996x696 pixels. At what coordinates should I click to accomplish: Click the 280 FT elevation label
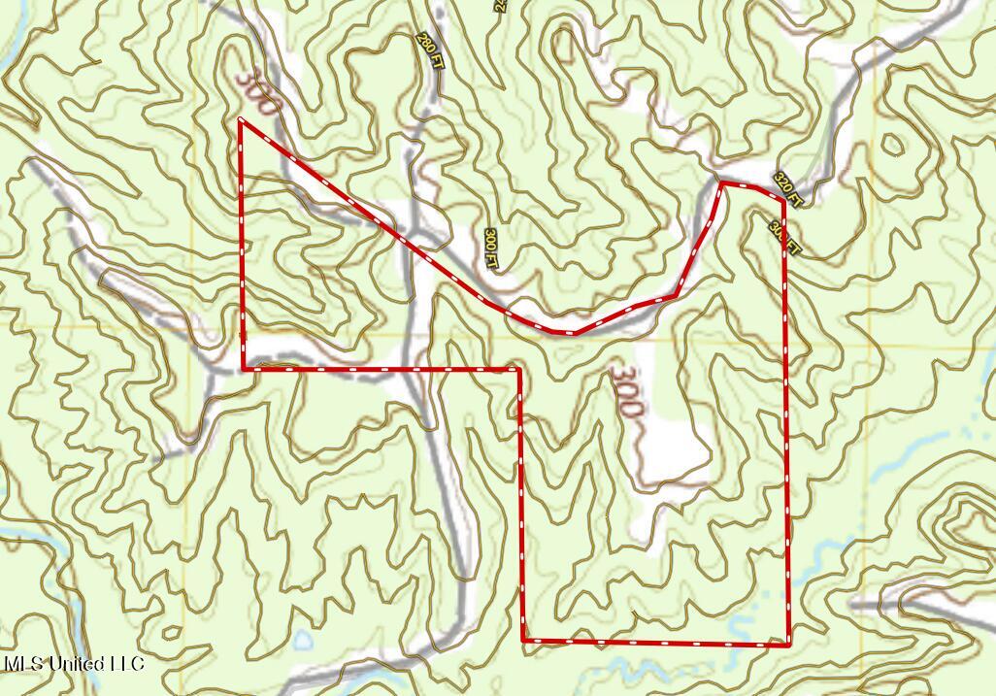(426, 48)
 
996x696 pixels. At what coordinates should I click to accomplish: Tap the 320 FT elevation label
(788, 189)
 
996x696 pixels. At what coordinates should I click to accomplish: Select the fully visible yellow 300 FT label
(491, 249)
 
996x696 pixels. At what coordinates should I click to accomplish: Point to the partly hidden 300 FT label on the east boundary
(785, 238)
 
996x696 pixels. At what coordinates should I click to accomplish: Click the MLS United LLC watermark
(74, 664)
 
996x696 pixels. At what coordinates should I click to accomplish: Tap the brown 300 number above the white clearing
(626, 391)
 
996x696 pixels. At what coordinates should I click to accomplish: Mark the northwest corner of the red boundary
(240, 119)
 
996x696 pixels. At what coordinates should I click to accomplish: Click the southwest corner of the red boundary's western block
(243, 369)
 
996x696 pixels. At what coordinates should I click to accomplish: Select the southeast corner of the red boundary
(788, 644)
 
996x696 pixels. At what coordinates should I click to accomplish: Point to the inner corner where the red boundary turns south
(520, 369)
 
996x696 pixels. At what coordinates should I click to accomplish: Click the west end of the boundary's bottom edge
(524, 641)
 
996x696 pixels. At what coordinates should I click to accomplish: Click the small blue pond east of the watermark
(304, 640)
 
